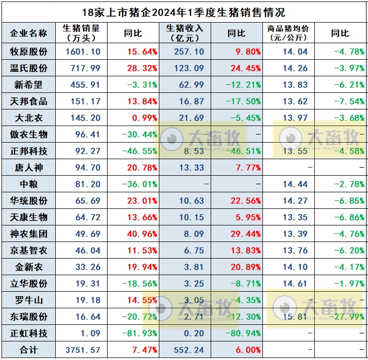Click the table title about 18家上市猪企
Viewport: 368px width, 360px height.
tap(184, 12)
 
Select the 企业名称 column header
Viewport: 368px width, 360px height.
tap(29, 33)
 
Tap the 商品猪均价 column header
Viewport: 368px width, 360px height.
tap(289, 33)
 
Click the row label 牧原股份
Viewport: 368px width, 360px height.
tap(29, 52)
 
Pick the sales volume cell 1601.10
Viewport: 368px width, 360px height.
tap(83, 52)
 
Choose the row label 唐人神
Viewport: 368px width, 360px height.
tap(29, 168)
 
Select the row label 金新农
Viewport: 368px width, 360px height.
tap(29, 267)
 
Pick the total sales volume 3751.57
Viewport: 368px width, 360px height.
tap(83, 350)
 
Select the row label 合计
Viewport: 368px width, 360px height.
tap(29, 350)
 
